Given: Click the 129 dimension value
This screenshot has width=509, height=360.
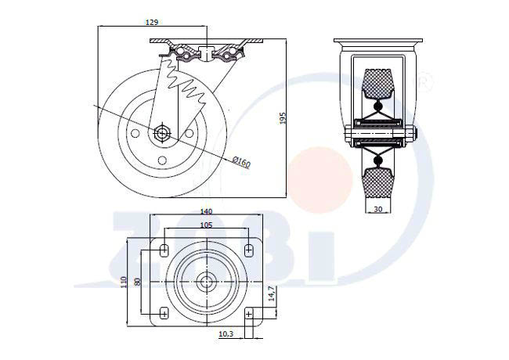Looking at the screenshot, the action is pos(152,22).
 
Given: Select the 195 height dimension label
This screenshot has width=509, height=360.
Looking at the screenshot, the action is pos(283,118).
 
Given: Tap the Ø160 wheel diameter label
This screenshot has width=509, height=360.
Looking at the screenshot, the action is pos(242,161).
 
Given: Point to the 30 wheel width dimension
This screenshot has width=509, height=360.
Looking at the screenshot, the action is pos(378,209).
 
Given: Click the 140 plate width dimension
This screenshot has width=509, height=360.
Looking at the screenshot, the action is pos(206,211).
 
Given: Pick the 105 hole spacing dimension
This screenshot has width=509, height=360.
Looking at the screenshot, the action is pos(206,225).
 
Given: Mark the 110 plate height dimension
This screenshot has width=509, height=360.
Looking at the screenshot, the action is pos(123,283).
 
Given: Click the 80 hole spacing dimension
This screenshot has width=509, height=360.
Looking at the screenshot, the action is pos(137,282).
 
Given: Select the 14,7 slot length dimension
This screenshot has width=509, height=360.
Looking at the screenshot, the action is pos(272,293).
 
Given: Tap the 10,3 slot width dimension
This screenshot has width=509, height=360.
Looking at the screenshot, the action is pos(226,333).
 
